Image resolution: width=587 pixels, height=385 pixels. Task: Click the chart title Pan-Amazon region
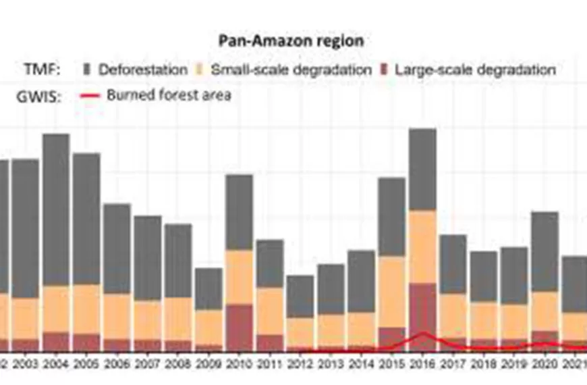pyautogui.click(x=291, y=41)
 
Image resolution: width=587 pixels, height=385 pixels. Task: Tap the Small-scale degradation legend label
pyautogui.click(x=291, y=70)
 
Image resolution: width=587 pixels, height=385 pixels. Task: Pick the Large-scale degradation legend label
pyautogui.click(x=475, y=70)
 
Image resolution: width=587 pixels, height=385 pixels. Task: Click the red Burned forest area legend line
pyautogui.click(x=90, y=95)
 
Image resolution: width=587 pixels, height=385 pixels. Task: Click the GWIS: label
pyautogui.click(x=38, y=96)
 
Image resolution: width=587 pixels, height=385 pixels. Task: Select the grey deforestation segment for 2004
pyautogui.click(x=56, y=209)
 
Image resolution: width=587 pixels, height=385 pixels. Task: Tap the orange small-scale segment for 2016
pyautogui.click(x=422, y=247)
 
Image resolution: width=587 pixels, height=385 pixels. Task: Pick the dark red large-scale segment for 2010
pyautogui.click(x=239, y=328)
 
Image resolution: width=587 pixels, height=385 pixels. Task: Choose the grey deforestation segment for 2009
pyautogui.click(x=208, y=288)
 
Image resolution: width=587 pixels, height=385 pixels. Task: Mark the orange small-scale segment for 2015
pyautogui.click(x=391, y=292)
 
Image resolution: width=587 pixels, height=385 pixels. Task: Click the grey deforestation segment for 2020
pyautogui.click(x=544, y=251)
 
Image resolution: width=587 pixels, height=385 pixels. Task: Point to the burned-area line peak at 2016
pyautogui.click(x=422, y=333)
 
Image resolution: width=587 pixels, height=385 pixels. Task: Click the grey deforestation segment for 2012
pyautogui.click(x=300, y=296)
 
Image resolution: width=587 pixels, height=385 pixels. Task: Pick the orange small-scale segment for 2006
pyautogui.click(x=117, y=316)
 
